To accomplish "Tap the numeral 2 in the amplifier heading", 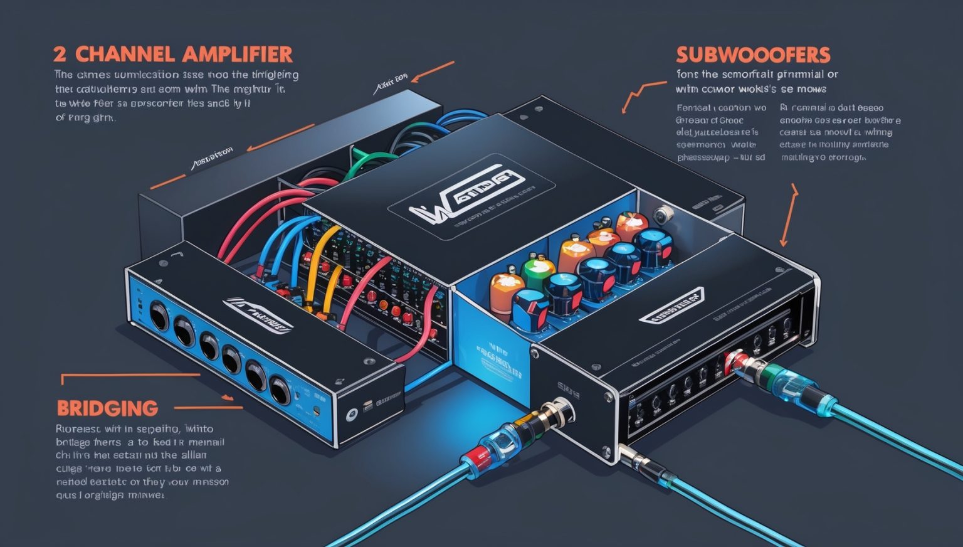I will click(x=61, y=54).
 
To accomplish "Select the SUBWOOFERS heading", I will click(x=753, y=55).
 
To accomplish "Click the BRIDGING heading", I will click(x=107, y=408).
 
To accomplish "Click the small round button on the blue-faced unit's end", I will click(x=352, y=414).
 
